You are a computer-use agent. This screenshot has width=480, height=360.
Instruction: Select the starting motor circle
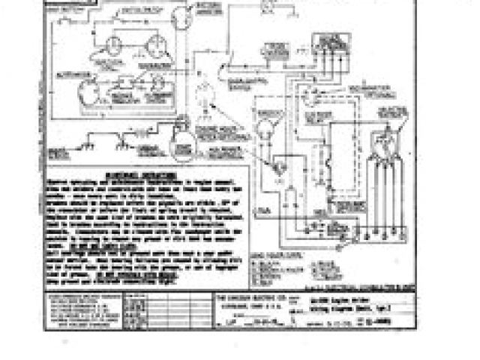click(x=180, y=139)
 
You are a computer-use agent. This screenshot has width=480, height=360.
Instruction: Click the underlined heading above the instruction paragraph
click(x=145, y=172)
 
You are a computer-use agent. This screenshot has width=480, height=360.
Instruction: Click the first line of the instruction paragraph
click(x=145, y=180)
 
